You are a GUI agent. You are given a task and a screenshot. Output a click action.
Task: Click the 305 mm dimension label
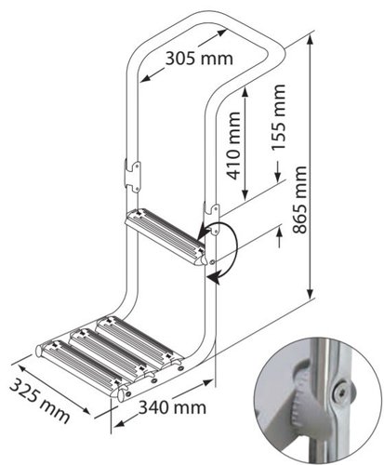[x=199, y=59]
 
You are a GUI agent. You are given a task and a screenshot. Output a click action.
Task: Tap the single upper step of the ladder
[x=163, y=238]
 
